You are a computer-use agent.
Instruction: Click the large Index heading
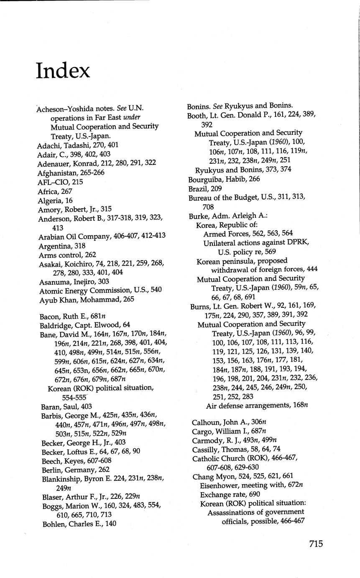tap(63, 70)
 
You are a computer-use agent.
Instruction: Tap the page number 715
tap(316, 544)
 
